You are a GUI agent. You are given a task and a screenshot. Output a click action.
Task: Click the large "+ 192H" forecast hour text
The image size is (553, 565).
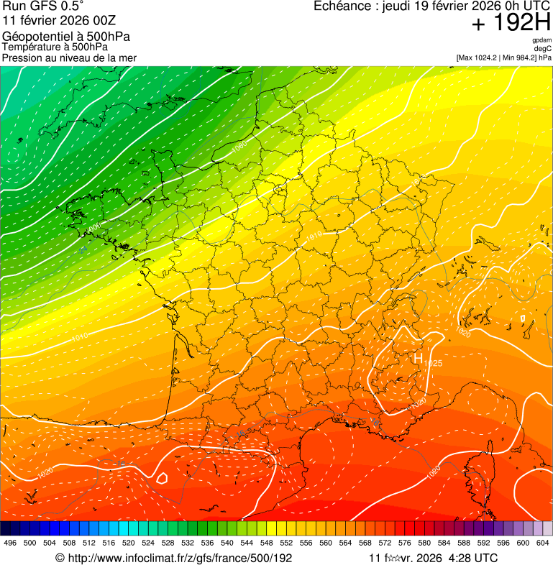pos(511,23)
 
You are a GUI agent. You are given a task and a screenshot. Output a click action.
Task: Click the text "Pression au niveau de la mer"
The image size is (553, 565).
pos(69,58)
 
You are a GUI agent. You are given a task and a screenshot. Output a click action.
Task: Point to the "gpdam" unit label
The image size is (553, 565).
pos(541,40)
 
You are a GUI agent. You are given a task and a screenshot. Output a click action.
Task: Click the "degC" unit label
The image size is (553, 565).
pos(543,49)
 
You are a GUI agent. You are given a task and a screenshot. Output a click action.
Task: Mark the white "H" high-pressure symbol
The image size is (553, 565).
pos(418,357)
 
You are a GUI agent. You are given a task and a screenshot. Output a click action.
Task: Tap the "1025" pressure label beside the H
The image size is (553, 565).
pos(433,364)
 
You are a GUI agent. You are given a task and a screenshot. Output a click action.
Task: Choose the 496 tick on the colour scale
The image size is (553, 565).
pos(10,543)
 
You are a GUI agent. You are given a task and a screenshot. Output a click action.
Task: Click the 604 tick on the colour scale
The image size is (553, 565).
pos(542,543)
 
